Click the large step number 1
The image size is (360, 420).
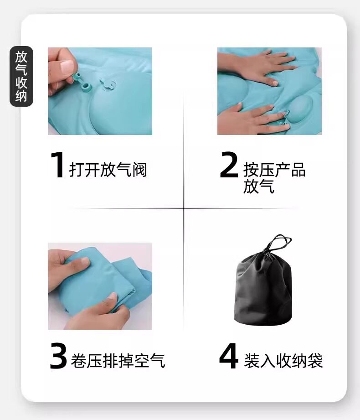(57, 165)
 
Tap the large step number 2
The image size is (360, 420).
(229, 165)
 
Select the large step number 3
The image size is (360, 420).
(58, 356)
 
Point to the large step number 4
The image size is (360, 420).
(229, 356)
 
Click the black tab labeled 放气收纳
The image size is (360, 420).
(21, 76)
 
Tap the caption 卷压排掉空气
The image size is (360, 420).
(118, 361)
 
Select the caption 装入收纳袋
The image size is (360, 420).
(283, 361)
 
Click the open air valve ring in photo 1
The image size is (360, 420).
(87, 87)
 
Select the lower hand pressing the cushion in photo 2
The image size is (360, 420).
(249, 119)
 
